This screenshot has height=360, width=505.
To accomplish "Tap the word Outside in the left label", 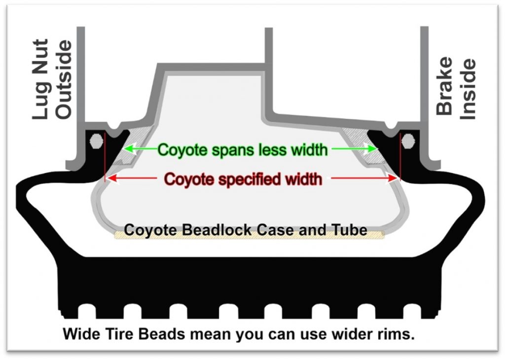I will pyautogui.click(x=64, y=79).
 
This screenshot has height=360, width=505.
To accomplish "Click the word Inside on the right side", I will pyautogui.click(x=468, y=89).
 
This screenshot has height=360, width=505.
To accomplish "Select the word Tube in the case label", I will pyautogui.click(x=352, y=230).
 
